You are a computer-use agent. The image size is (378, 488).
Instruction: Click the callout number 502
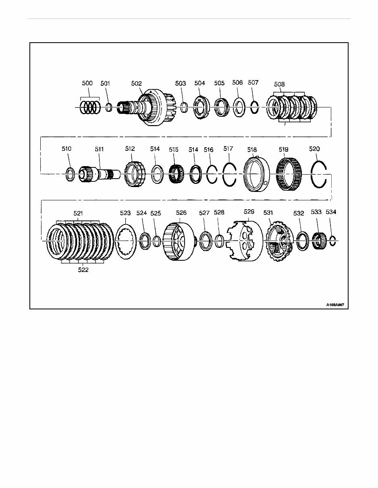coord(136,83)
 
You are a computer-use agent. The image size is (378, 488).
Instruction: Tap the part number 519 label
coord(284,149)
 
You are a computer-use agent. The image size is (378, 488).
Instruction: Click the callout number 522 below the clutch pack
coord(83,270)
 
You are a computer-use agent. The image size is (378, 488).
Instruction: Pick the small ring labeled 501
coord(108,108)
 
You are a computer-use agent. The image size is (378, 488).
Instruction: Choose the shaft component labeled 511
coord(97,174)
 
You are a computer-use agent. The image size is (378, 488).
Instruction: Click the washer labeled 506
coord(238,108)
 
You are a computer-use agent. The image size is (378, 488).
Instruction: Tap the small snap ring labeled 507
coord(254,108)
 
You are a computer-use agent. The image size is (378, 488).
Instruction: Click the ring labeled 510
coord(70,174)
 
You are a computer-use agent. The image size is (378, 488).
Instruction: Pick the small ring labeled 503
coord(183,108)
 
